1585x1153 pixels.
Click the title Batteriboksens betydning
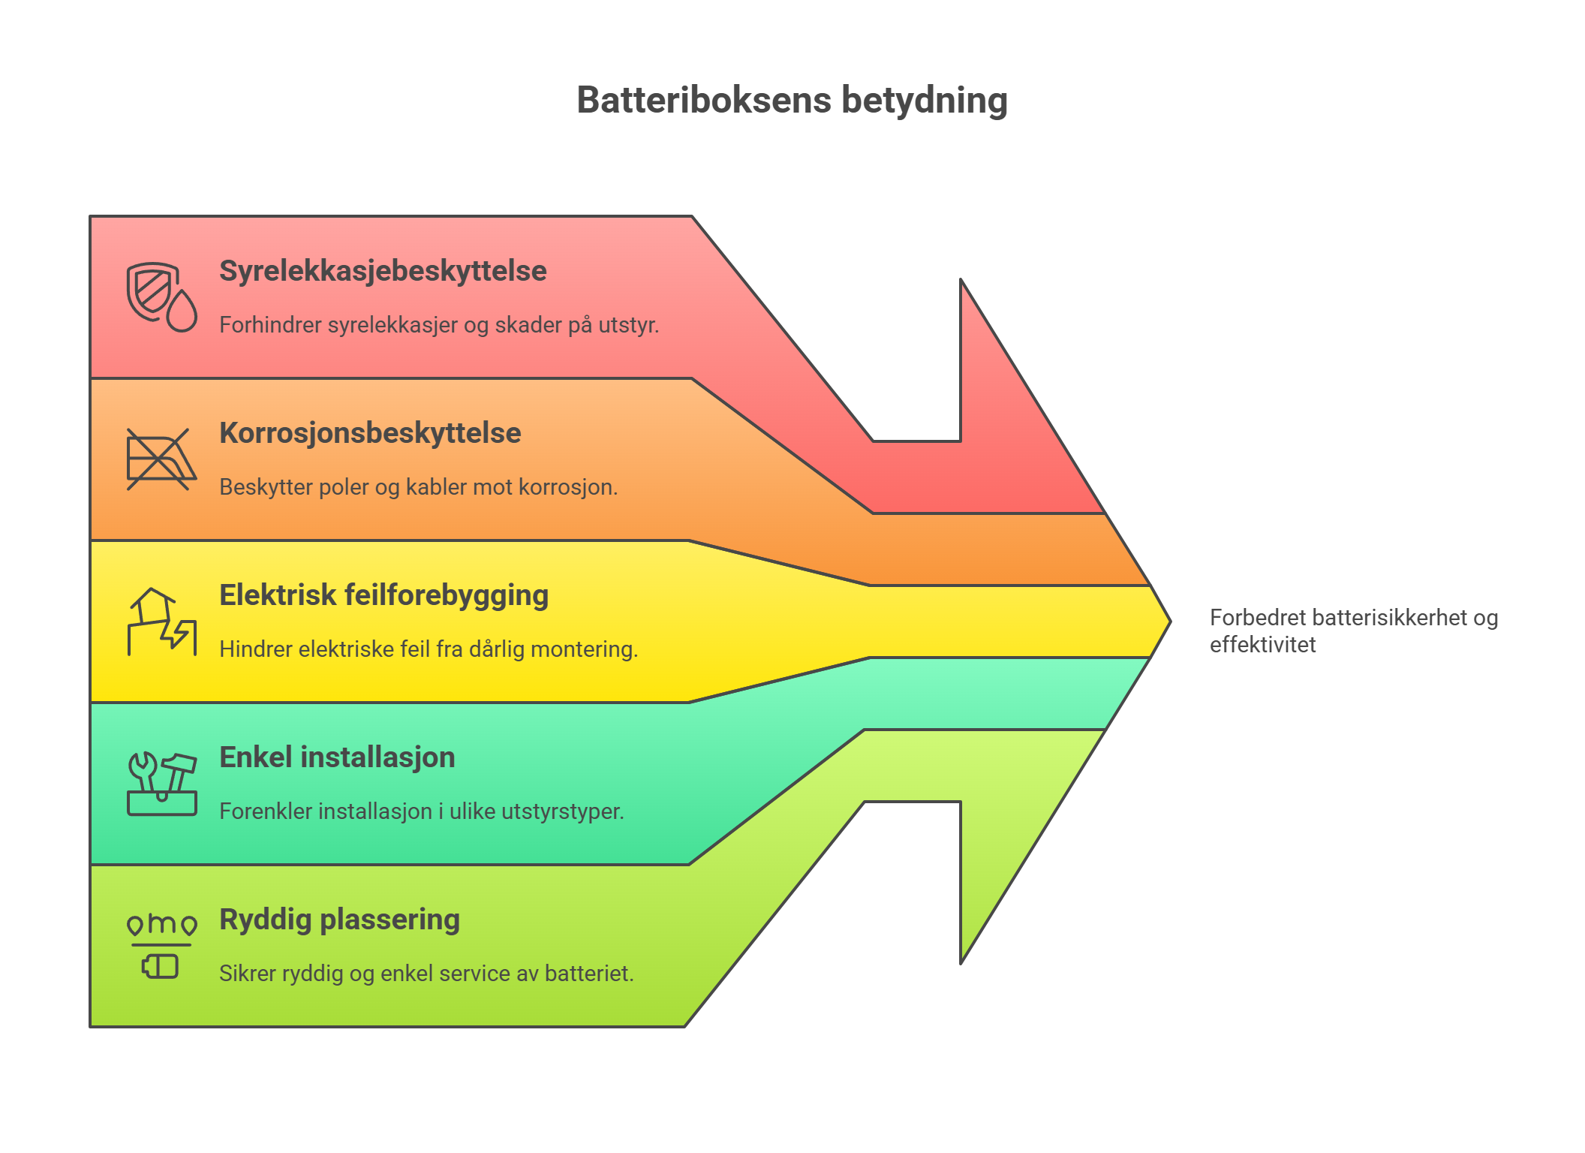pyautogui.click(x=792, y=101)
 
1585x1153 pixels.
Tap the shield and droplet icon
pyautogui.click(x=161, y=297)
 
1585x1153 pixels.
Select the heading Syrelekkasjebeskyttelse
pyautogui.click(x=383, y=271)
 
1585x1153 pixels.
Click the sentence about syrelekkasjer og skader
pyautogui.click(x=439, y=325)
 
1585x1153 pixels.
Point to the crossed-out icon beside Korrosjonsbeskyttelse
pyautogui.click(x=161, y=459)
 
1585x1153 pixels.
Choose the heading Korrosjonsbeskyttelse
pyautogui.click(x=370, y=433)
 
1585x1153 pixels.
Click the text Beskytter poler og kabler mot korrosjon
pyautogui.click(x=418, y=487)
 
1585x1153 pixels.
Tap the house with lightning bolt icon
pyautogui.click(x=161, y=622)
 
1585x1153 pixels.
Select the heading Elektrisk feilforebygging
pyautogui.click(x=383, y=595)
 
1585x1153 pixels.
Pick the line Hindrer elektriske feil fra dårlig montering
pyautogui.click(x=429, y=649)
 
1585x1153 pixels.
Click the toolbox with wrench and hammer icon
pyautogui.click(x=161, y=784)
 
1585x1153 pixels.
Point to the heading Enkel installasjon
pyautogui.click(x=337, y=757)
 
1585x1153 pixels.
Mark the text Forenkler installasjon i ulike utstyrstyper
pyautogui.click(x=422, y=811)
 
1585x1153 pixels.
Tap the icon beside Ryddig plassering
pyautogui.click(x=161, y=946)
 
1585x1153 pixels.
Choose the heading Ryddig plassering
pyautogui.click(x=339, y=920)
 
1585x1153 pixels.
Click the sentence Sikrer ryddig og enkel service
pyautogui.click(x=426, y=974)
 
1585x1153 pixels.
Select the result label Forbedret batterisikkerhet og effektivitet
pyautogui.click(x=1354, y=631)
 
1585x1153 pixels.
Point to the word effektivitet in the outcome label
pyautogui.click(x=1262, y=645)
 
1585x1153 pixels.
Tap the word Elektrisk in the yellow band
pyautogui.click(x=278, y=595)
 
